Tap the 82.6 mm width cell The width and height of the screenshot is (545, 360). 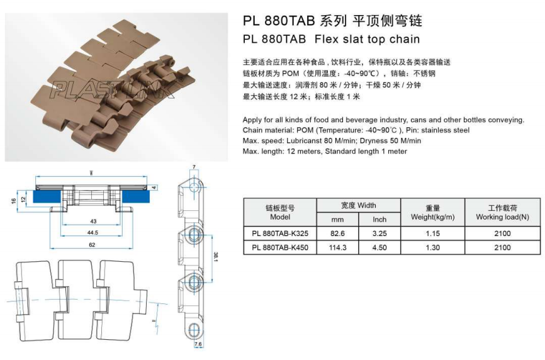point(337,233)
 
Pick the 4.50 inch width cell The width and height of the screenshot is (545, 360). point(379,247)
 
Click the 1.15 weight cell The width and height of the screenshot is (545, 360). point(432,233)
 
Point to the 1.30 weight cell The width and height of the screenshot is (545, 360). point(432,247)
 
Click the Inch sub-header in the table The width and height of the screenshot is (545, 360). point(379,220)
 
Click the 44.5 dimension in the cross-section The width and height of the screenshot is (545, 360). point(93,232)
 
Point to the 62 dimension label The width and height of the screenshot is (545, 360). point(93,244)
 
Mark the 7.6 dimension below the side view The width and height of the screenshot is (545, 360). point(198,344)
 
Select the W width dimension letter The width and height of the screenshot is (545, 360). point(91,172)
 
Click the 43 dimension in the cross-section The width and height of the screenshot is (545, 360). point(93,221)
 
